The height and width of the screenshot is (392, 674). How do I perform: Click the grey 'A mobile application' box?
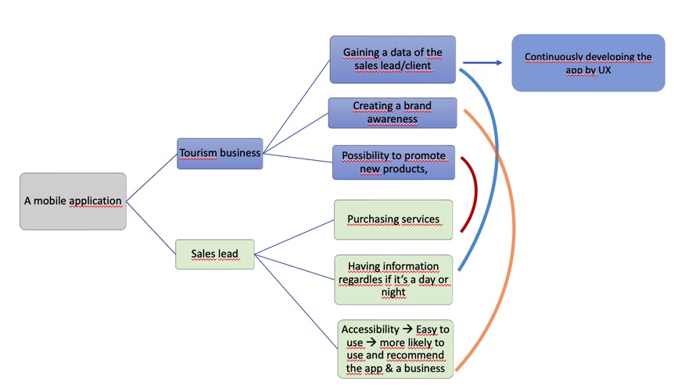[x=73, y=201]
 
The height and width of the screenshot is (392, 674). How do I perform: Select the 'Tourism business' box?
[x=220, y=153]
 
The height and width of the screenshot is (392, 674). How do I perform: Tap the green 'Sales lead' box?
[x=215, y=255]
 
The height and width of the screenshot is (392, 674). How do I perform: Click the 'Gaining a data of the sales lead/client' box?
[x=393, y=59]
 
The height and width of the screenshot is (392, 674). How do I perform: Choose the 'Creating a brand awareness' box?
[x=392, y=112]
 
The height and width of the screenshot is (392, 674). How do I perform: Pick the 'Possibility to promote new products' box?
[x=393, y=162]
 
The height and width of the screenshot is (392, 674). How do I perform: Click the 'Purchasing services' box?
[x=393, y=219]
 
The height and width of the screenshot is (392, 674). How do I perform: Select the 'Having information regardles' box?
[x=393, y=279]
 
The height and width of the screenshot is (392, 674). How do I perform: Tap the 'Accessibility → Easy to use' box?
[x=396, y=349]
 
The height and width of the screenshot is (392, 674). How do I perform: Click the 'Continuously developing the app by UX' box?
[x=588, y=63]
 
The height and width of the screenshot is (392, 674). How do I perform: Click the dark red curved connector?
[x=473, y=195]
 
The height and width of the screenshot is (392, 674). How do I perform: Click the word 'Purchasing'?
[x=371, y=219]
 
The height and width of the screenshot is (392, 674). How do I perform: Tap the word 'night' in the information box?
[x=393, y=293]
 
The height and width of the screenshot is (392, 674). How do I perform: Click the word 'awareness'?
[x=392, y=119]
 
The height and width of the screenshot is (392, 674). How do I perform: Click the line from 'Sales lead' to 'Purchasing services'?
[x=295, y=237]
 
